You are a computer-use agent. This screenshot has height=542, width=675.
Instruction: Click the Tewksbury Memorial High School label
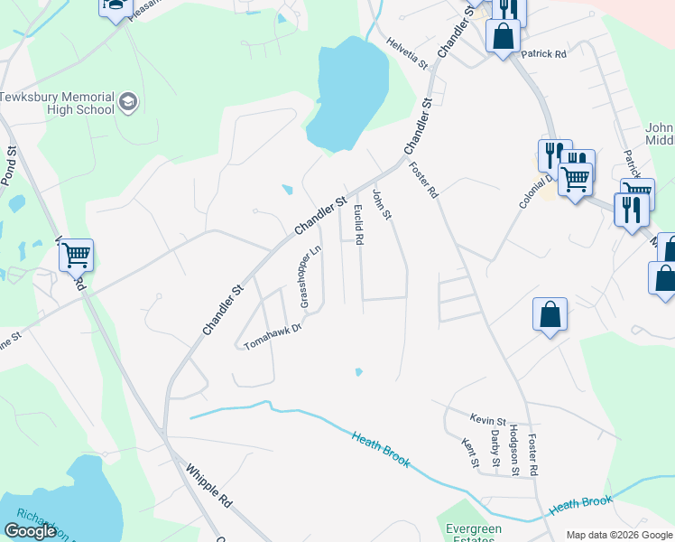point(57,103)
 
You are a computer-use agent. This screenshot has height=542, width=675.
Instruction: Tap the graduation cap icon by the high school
point(127,101)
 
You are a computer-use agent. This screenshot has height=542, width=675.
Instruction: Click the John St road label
point(383,203)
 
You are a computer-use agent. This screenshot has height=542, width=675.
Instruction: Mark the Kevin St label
point(487,419)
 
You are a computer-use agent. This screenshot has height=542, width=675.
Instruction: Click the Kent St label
point(468,453)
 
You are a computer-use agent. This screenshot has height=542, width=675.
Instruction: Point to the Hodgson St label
point(514,450)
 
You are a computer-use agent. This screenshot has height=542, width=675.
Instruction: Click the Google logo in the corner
point(30,531)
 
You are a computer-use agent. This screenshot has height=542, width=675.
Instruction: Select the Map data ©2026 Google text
point(619,535)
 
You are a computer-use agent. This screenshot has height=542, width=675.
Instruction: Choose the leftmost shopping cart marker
point(77,255)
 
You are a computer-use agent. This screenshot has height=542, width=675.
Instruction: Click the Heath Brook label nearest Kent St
point(381,449)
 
